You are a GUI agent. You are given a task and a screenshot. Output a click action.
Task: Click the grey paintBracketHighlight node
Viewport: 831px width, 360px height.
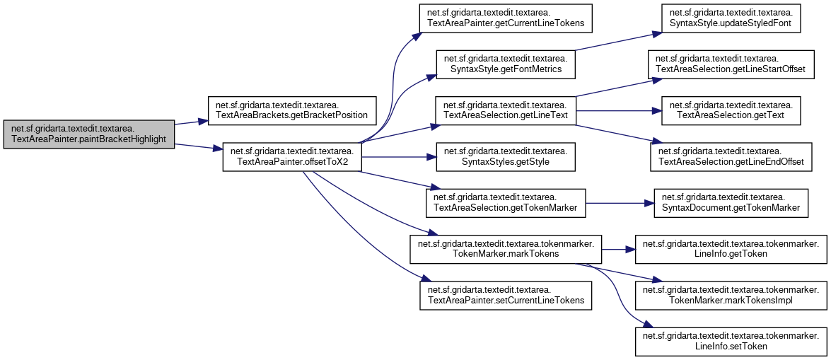pos(88,134)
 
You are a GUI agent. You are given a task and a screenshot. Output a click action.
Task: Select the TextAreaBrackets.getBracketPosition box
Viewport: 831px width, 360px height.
pos(291,109)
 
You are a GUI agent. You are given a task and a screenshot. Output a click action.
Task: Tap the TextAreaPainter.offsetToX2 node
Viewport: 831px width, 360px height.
pos(291,157)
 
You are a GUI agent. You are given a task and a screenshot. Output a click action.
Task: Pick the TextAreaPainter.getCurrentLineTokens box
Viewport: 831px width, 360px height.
pos(504,18)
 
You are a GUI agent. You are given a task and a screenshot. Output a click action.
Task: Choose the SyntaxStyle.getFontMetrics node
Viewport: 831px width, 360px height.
pos(506,64)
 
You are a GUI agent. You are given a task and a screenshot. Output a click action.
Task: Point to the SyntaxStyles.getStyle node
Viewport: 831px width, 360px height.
pos(505,157)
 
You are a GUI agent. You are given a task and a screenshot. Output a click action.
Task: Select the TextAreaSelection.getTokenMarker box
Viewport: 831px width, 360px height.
pos(505,203)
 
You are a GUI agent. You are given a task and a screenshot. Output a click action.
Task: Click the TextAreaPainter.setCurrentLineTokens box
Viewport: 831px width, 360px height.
pos(505,295)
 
